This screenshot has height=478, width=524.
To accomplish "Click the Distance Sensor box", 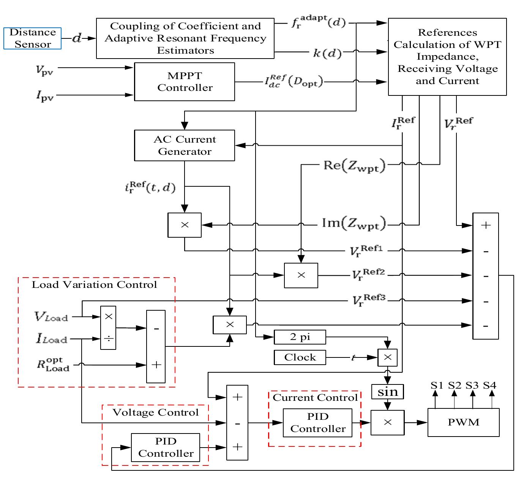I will [33, 38].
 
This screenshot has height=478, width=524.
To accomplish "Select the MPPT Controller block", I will [185, 82].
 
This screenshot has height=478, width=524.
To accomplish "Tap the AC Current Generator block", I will [185, 146].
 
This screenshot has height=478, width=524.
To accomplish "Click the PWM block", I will [463, 422].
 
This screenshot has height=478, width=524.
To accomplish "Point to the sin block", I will [387, 392].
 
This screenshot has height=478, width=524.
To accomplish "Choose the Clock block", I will [300, 357].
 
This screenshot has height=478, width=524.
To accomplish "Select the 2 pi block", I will [300, 337].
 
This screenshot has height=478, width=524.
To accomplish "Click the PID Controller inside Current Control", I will [317, 423].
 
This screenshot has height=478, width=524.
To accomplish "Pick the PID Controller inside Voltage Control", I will [166, 448].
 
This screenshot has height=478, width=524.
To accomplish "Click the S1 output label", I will [437, 386].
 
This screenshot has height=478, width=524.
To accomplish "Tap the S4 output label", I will [489, 386].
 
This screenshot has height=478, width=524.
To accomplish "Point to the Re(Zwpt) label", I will [354, 166].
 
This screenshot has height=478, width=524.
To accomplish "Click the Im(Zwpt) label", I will [354, 223].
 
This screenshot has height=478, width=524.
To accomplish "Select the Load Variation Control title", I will [94, 285].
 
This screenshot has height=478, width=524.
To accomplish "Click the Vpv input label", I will [44, 70].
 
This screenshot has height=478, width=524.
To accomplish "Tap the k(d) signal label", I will [327, 53].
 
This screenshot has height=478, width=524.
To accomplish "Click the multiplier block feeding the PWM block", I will [387, 422].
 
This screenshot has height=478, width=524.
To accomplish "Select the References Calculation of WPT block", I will [447, 57].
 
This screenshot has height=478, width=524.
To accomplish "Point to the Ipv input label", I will [45, 96].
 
